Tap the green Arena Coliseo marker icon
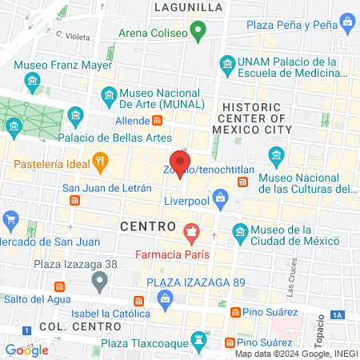coord(198,34)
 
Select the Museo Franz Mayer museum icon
coord(33,81)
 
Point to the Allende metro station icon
coord(158,121)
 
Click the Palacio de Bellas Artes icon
coord(76,116)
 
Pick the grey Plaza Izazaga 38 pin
coord(99,281)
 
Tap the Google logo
coord(26,350)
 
